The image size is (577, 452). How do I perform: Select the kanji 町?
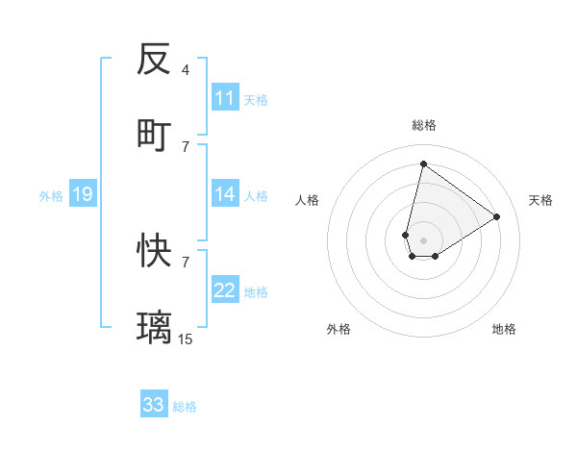(154, 136)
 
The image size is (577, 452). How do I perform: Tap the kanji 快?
(154, 251)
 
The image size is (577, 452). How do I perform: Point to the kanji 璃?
(154, 328)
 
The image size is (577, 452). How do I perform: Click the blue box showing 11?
(225, 98)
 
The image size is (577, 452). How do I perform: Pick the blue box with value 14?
(225, 194)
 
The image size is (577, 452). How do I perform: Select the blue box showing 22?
(225, 290)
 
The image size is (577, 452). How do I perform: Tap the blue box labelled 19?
(82, 194)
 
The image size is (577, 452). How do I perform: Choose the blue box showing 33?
(154, 405)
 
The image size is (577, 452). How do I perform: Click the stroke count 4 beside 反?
(186, 70)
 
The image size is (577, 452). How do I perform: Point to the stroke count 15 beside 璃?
(186, 339)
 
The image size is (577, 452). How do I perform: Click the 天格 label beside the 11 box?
(256, 99)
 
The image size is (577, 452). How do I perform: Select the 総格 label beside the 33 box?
(185, 406)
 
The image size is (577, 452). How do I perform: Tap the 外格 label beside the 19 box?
(51, 195)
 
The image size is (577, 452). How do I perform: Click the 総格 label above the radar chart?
(424, 125)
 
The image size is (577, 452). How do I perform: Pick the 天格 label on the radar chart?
(541, 200)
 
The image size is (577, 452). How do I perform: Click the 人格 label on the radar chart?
(308, 200)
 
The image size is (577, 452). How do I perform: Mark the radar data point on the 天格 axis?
(497, 216)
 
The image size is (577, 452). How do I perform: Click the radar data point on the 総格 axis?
(423, 163)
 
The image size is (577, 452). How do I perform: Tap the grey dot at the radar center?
(423, 240)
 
